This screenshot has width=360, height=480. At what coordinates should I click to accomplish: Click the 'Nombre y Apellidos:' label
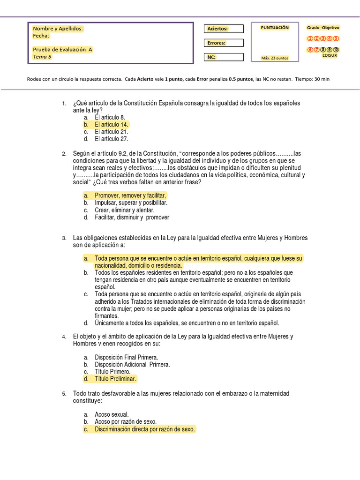click(x=58, y=29)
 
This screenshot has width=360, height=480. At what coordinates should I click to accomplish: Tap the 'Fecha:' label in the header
click(x=41, y=36)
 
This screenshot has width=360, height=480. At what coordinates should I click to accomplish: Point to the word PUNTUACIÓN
click(x=275, y=28)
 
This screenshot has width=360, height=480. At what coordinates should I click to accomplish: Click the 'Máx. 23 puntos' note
click(x=275, y=58)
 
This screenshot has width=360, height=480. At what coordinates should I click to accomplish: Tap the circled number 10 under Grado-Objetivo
click(x=337, y=50)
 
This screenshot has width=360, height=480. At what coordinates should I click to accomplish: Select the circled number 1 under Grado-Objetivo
click(x=310, y=38)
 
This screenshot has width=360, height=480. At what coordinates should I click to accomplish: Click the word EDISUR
click(x=330, y=55)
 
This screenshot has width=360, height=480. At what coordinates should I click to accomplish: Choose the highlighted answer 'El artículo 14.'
click(x=112, y=125)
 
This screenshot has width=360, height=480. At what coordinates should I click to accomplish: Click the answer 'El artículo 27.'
click(x=112, y=139)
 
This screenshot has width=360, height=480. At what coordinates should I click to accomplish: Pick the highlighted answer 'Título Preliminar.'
click(x=115, y=379)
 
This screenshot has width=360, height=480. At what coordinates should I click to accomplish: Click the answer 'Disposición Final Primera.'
click(x=126, y=357)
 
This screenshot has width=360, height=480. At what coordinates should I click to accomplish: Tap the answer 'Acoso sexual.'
click(x=112, y=414)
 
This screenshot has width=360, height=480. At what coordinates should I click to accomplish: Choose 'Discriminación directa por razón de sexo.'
click(x=145, y=429)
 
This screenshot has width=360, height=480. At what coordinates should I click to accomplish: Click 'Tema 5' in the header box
click(x=42, y=57)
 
